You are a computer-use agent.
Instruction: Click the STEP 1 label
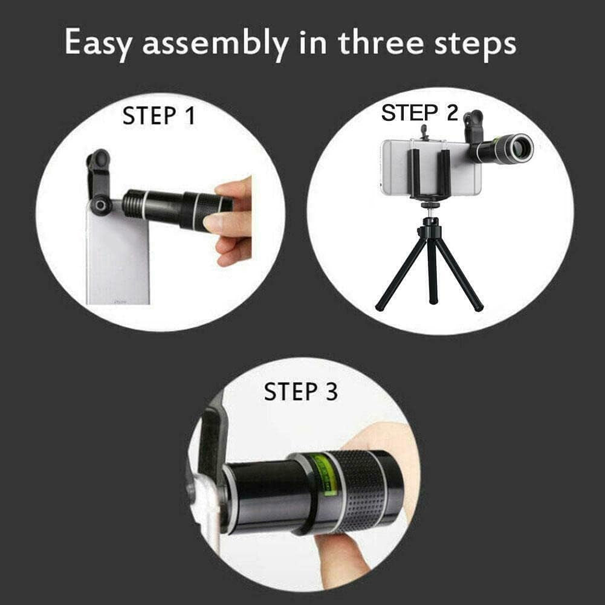pyautogui.click(x=159, y=115)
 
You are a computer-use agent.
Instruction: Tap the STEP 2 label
pyautogui.click(x=419, y=113)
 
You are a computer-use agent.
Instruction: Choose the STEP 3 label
pyautogui.click(x=300, y=392)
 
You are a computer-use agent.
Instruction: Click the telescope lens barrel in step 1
pyautogui.click(x=175, y=209)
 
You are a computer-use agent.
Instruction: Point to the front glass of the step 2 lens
pyautogui.click(x=520, y=148)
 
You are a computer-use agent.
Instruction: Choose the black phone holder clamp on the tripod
pyautogui.click(x=429, y=172)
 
